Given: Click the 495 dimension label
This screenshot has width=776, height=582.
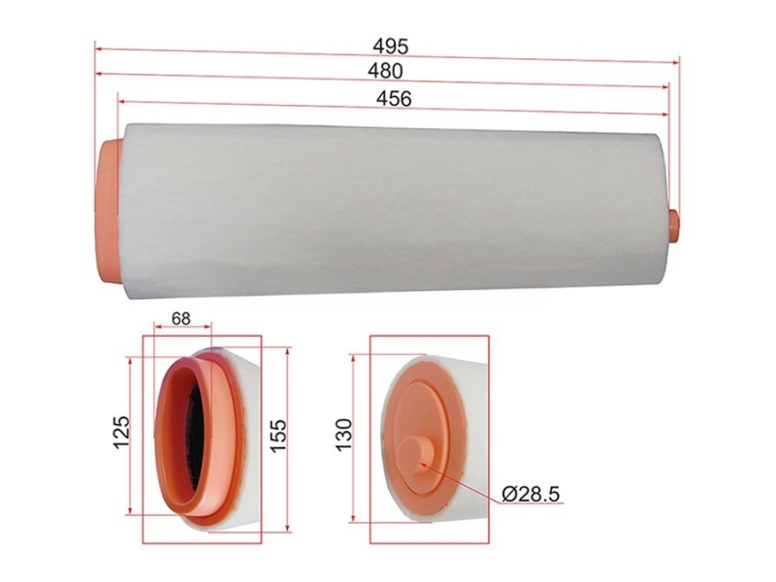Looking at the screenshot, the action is [391, 46].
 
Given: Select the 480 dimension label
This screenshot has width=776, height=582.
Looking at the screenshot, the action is [385, 71].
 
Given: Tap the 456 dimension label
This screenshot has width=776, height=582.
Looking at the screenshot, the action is [394, 99].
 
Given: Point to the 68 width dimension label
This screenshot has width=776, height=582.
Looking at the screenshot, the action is [181, 318].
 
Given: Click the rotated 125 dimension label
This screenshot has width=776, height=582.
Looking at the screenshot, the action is [121, 433].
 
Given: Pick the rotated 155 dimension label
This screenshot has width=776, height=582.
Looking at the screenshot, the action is [278, 435].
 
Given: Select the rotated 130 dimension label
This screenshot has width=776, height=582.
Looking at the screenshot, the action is [343, 434].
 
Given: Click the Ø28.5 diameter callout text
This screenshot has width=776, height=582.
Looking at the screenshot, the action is [531, 494].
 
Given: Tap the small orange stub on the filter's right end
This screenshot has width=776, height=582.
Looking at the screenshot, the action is [673, 225].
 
